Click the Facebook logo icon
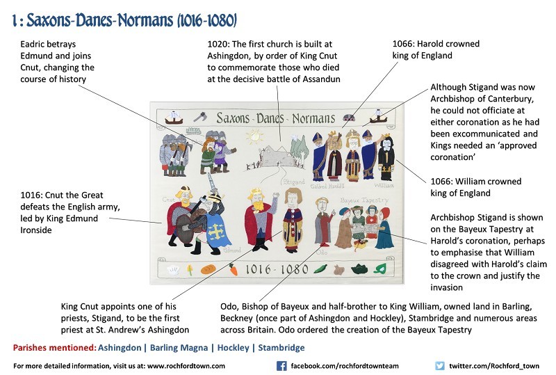tap(281, 366)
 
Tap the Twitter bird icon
tap(440, 366)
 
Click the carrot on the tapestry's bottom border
tap(233, 269)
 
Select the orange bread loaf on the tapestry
tap(208, 269)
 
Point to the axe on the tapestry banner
tap(200, 117)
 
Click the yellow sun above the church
tap(254, 136)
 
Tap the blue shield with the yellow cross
tap(215, 231)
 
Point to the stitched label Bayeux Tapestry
tap(364, 200)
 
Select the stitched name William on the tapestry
tap(384, 185)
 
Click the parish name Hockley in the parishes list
tap(233, 347)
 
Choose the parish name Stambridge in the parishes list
tap(281, 347)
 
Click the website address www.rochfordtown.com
tap(186, 366)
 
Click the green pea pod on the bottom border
tap(320, 269)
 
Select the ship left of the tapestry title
tap(174, 118)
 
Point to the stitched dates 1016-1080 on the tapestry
tap(277, 269)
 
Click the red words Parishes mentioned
tap(55, 347)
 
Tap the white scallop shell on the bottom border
tap(173, 271)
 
